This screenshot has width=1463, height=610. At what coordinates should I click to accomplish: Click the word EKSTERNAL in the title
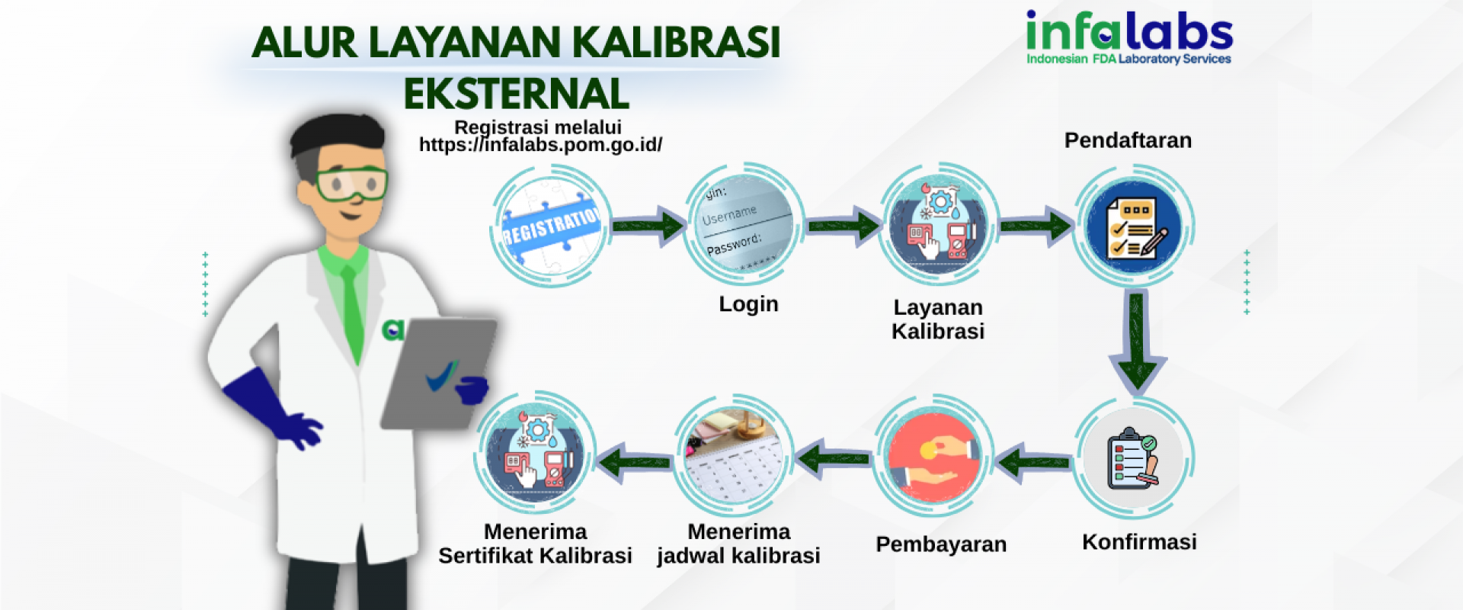point(517,94)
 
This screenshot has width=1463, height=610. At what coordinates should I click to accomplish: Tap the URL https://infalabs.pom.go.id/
point(540,145)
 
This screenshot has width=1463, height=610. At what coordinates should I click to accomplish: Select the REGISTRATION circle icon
point(551,226)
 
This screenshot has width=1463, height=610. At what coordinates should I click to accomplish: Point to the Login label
point(748,303)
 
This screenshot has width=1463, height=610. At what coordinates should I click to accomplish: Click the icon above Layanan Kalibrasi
point(939,224)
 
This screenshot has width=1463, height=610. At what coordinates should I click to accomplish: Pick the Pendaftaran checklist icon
point(1134,226)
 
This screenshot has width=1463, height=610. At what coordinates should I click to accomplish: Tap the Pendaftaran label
point(1128,140)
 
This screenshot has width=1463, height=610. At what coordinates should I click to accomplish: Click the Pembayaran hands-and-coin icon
point(935,456)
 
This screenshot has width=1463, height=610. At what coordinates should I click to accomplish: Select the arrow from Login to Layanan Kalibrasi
point(844,226)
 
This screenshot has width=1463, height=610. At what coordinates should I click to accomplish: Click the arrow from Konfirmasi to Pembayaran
point(1033,462)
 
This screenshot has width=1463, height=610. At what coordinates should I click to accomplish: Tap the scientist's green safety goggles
point(351,184)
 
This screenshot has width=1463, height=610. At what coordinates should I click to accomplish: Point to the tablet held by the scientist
point(438,373)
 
